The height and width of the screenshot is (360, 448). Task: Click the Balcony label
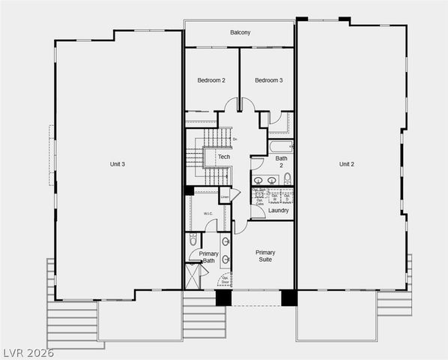click(240, 32)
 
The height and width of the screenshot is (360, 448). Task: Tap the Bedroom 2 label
click(211, 80)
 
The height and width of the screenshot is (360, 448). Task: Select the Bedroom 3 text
click(268, 80)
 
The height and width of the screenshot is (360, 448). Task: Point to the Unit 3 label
click(118, 164)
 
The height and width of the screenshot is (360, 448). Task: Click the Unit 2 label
click(346, 164)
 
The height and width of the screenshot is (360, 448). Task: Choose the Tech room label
click(224, 157)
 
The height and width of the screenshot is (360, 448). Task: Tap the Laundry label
click(279, 211)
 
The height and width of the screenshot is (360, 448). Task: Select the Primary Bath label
click(208, 258)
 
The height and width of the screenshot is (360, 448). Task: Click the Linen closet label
click(224, 197)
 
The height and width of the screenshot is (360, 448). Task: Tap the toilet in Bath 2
click(286, 178)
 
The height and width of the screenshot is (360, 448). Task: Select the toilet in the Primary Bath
click(193, 241)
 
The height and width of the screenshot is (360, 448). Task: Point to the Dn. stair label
click(234, 139)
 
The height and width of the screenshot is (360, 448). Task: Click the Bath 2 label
click(281, 162)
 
